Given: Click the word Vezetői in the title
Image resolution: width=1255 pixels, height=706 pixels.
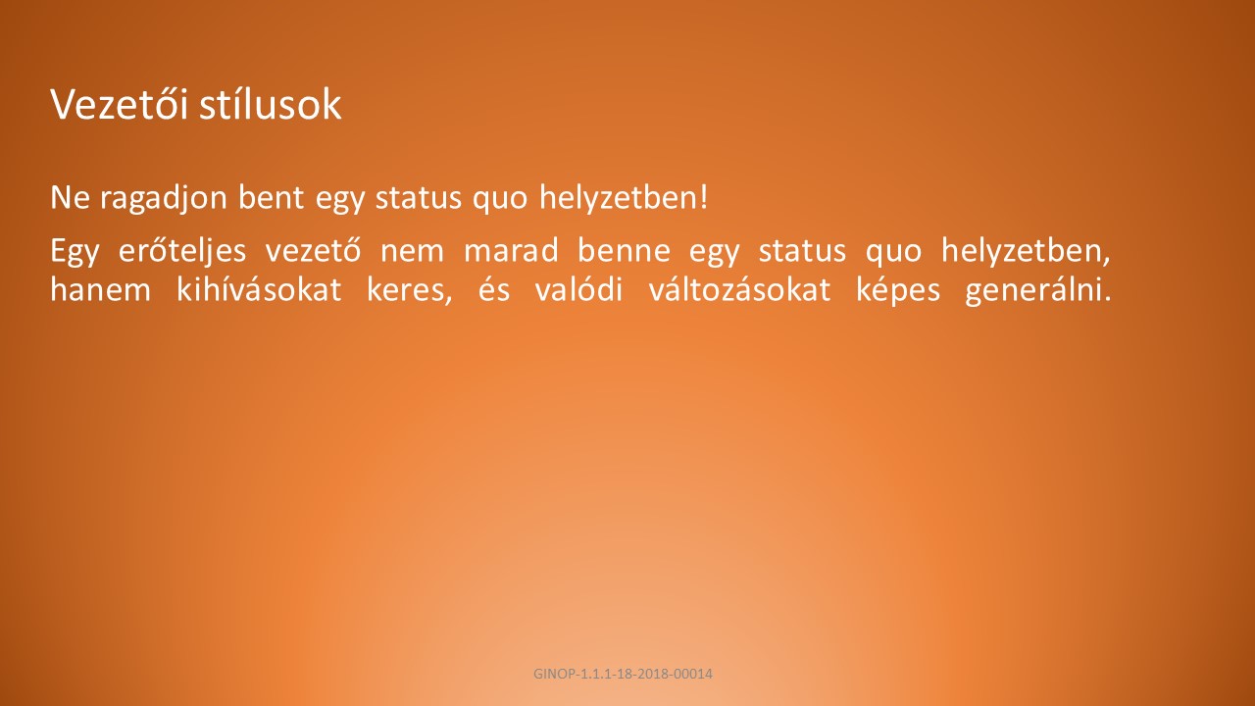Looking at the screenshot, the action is tap(119, 104).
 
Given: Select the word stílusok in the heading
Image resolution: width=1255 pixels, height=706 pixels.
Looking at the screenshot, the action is tap(271, 104).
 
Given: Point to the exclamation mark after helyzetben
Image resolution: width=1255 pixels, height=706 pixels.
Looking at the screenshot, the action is tap(704, 197).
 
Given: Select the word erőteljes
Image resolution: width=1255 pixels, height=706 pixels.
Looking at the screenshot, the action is tap(182, 250).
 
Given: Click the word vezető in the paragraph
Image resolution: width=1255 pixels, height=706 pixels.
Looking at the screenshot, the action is tap(313, 249).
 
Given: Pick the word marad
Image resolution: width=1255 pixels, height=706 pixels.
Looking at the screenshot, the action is tap(511, 249).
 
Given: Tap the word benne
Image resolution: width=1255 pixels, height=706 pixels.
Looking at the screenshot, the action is tap(624, 249).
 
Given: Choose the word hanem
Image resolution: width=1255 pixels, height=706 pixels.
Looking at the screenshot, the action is tap(101, 289).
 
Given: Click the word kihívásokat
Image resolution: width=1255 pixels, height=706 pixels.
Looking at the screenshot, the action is tap(259, 289).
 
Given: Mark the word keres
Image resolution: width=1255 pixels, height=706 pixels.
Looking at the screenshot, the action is tap(409, 290).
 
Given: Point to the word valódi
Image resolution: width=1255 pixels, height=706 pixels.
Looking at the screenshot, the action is tap(578, 289).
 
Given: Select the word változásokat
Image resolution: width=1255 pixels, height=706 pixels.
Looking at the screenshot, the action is tap(739, 289).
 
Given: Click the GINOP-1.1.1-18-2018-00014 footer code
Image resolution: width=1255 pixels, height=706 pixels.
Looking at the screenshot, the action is tap(623, 674).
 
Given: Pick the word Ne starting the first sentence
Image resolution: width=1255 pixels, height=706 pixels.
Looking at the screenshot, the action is tap(70, 197).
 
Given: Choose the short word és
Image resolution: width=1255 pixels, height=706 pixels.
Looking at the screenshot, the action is tap(494, 289).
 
